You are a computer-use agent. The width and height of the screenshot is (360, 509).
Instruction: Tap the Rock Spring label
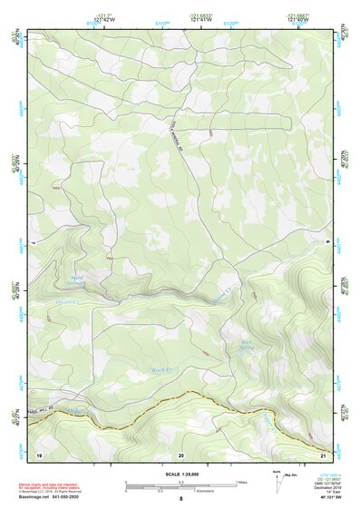[244, 344]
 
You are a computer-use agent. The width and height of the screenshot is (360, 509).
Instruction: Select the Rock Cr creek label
[161, 370]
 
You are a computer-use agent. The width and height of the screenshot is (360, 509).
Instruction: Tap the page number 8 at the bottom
[180, 499]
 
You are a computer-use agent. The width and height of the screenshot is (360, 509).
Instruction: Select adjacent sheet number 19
[39, 453]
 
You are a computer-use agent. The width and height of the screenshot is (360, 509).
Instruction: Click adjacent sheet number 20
[180, 453]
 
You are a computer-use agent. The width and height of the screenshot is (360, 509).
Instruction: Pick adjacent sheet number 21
[323, 453]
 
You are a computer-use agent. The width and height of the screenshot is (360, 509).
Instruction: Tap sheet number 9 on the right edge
[328, 242]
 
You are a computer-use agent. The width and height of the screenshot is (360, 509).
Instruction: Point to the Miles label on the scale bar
[241, 482]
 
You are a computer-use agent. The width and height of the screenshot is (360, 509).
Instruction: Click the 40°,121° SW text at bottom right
[330, 499]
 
